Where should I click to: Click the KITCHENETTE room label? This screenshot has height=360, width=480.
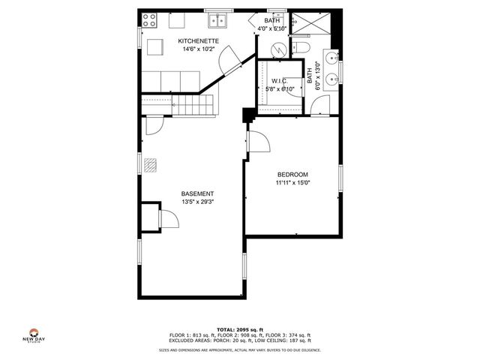click(198, 40)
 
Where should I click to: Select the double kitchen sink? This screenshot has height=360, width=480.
click(219, 20)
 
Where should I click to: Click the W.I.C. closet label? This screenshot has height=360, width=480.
click(280, 80)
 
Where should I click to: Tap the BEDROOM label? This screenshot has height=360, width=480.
click(292, 174)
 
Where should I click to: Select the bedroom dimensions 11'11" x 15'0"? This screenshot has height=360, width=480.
click(292, 182)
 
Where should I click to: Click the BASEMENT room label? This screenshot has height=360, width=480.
click(198, 193)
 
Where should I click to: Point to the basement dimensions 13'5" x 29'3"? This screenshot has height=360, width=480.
click(198, 201)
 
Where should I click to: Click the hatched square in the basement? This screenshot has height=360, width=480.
click(152, 164)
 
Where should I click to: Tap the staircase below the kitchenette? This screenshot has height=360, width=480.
click(191, 103)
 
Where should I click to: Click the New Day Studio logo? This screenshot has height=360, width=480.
click(34, 335)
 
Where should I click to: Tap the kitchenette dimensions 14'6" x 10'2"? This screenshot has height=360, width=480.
click(198, 49)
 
